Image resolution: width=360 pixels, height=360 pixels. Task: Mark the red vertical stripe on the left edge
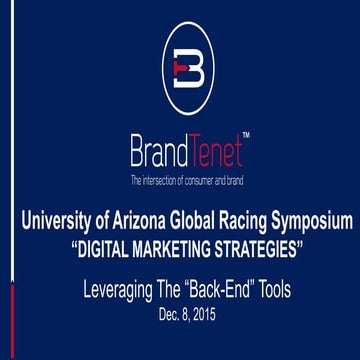[x=1, y=320]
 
